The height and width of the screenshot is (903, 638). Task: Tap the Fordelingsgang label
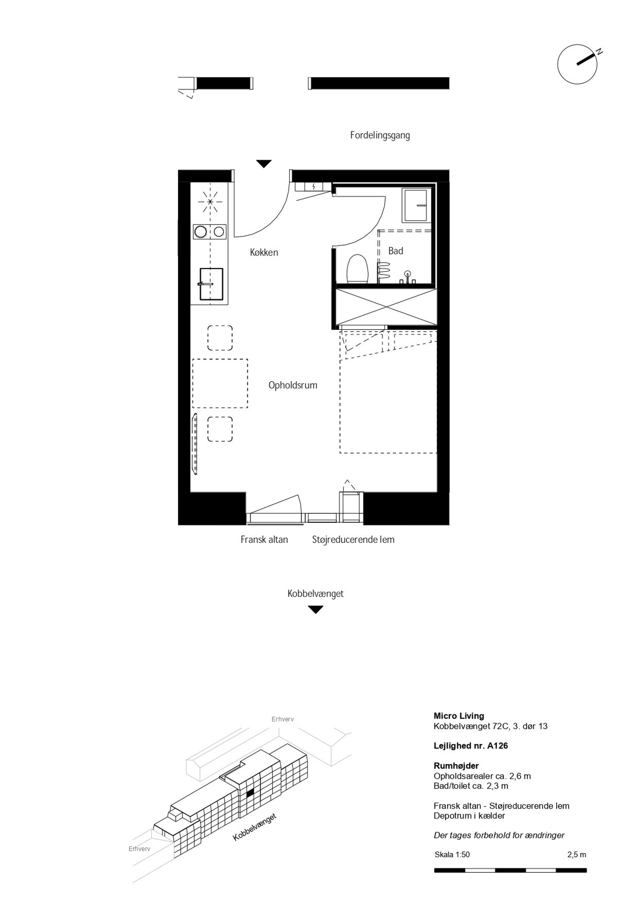point(380,136)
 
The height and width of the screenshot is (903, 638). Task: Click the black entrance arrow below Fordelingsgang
point(264,164)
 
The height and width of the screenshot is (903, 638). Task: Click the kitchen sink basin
point(211,284)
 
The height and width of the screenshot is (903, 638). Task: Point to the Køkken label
point(264,252)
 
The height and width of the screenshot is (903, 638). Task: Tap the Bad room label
point(396,251)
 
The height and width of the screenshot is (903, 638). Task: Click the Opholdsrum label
point(293,386)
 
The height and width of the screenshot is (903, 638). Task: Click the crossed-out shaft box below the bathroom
point(386,307)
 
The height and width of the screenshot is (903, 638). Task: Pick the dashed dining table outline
point(220,383)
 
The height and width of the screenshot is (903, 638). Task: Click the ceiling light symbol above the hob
point(210,202)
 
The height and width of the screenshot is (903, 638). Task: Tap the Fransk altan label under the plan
point(264,540)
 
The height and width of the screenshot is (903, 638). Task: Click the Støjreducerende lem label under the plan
point(353,540)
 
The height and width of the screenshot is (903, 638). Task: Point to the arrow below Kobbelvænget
point(315,610)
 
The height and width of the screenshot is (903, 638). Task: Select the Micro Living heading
point(459,716)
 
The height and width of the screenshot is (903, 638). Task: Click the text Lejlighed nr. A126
point(471,746)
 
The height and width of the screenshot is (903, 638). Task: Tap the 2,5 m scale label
point(577,855)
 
